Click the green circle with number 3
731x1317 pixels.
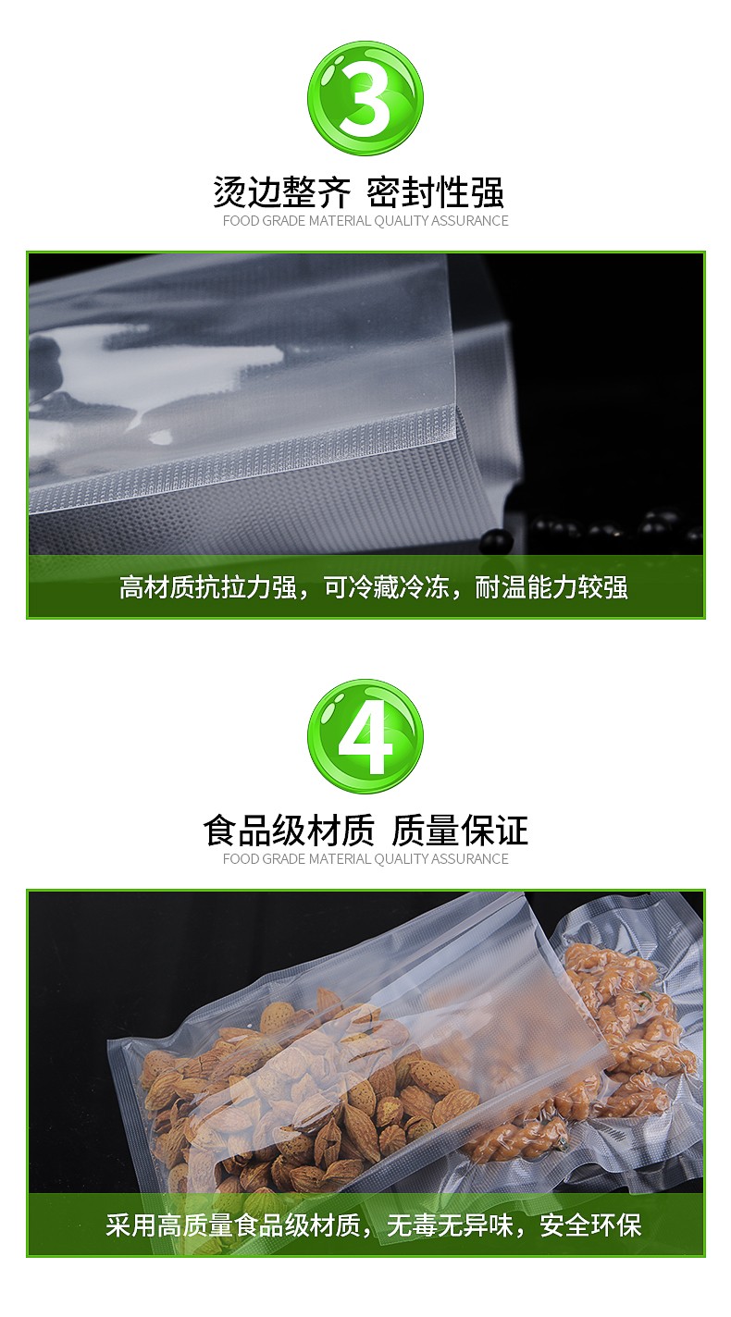point(365,98)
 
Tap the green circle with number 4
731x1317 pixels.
point(365,736)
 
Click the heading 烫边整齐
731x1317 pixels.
point(281,191)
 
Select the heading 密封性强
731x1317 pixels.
point(435,191)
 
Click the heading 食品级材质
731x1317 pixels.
point(289,831)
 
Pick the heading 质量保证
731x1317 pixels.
point(459,831)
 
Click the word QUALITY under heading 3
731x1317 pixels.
point(401,221)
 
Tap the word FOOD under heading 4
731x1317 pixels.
point(241,859)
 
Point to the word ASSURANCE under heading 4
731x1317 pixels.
point(469,859)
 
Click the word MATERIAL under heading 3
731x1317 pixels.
point(340,221)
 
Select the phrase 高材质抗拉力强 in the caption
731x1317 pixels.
point(208,587)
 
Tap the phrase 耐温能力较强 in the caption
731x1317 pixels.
point(551,587)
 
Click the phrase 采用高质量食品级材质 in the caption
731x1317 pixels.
point(233,1225)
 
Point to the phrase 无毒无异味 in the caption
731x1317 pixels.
point(450,1225)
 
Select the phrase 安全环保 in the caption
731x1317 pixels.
point(590,1225)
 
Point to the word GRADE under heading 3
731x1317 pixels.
point(284,221)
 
